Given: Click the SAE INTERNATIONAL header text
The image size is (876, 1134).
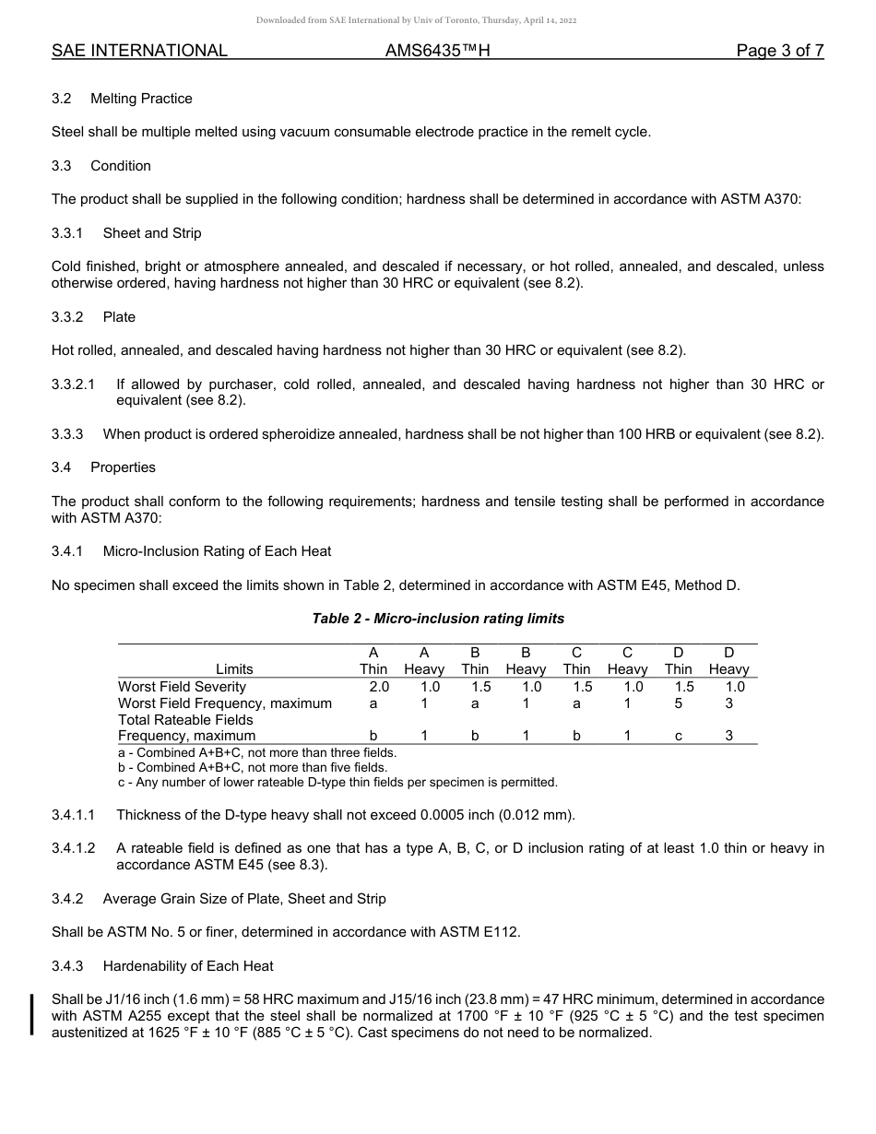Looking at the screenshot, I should [x=139, y=52].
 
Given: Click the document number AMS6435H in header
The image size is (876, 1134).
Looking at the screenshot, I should [x=437, y=52].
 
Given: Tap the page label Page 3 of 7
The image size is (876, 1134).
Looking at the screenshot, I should [x=779, y=52].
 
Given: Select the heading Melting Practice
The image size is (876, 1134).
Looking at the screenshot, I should [x=141, y=99].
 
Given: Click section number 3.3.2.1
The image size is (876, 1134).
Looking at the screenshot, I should [x=74, y=384].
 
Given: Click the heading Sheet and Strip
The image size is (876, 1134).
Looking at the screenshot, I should [x=152, y=233].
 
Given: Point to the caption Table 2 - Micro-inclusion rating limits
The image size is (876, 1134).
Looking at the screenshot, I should [x=438, y=619].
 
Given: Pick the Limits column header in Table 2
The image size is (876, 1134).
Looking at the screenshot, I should [x=234, y=669].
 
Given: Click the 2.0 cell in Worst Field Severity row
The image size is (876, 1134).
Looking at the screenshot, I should [x=379, y=687].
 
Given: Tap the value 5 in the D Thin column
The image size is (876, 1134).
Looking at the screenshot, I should [x=678, y=703].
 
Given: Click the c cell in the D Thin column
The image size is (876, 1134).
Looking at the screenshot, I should [x=678, y=736].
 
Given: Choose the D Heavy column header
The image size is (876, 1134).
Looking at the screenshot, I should [x=728, y=661].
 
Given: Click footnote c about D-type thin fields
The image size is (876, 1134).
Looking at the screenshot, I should [x=337, y=783].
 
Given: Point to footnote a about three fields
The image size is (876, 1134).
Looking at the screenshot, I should [x=257, y=752].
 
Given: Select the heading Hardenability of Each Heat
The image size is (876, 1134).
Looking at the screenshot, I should [x=188, y=966].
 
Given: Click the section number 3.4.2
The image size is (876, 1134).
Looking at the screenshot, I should [x=67, y=899].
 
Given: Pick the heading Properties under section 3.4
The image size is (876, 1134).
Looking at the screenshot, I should [x=123, y=467].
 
